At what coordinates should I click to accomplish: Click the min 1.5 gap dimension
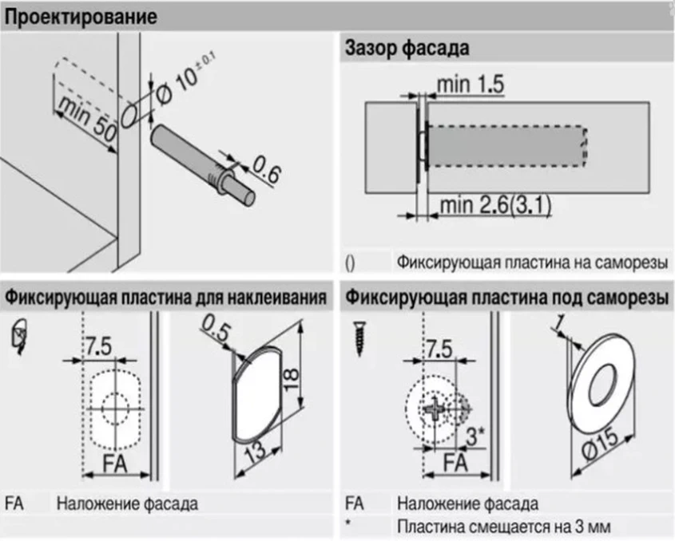[471, 84]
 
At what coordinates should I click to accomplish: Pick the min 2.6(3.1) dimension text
[495, 207]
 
